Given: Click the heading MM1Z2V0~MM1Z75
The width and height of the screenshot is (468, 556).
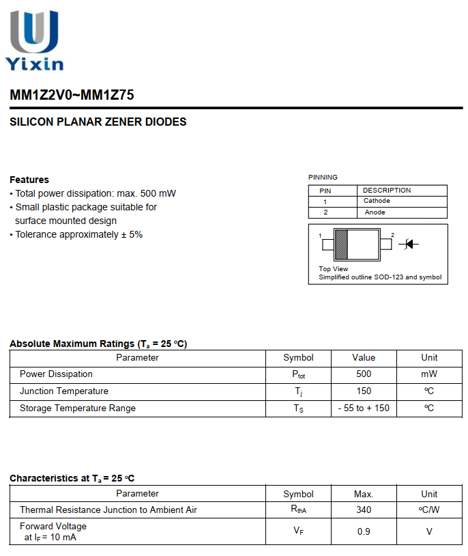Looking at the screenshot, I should tap(72, 96).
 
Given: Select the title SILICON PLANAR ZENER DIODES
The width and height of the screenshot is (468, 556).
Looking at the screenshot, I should tap(98, 122).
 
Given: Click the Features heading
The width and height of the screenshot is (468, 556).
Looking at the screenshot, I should tap(29, 180).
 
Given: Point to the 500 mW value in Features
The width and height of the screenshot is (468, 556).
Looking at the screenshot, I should tap(158, 193).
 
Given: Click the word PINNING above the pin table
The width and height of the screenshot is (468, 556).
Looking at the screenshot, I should tap(323, 178).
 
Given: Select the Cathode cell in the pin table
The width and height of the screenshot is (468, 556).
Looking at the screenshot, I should tap(377, 201).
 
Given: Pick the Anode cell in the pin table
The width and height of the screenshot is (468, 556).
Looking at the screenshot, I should tap(375, 212).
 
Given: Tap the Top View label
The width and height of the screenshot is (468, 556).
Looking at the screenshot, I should tap(333, 269).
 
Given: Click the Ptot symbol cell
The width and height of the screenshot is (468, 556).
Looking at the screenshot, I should tap(298, 374).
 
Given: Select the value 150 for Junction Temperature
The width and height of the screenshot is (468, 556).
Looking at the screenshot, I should tap(364, 391).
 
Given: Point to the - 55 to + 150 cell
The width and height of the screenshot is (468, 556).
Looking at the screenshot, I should tap(364, 408).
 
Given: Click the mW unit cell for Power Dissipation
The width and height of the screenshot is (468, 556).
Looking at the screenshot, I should tap(429, 374).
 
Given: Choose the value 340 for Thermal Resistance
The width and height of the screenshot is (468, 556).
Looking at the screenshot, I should tap(364, 510).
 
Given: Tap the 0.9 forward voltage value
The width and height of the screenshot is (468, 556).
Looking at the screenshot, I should tap(364, 531).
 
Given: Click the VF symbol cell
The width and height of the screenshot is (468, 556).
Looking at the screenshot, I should tap(298, 531).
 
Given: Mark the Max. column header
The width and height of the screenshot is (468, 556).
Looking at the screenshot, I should tap(364, 494).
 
